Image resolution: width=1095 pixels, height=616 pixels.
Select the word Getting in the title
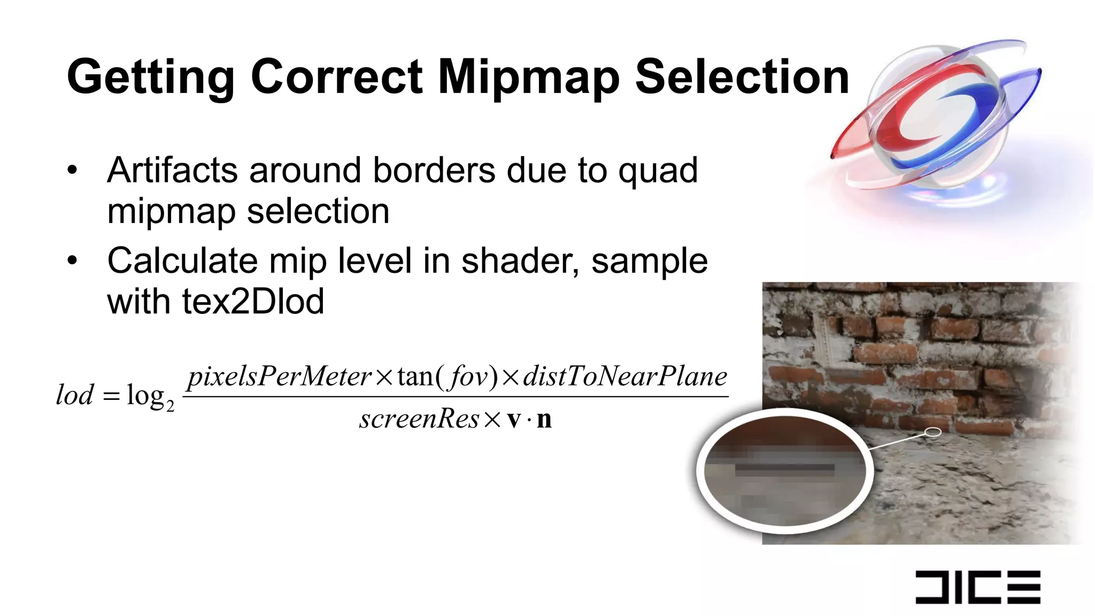coord(150,78)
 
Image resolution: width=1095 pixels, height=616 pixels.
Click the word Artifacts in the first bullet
coord(172,171)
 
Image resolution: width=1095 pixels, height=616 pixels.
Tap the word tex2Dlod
coord(253,302)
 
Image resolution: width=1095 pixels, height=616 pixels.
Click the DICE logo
coord(977,587)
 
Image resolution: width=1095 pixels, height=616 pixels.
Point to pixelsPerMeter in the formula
coord(279,376)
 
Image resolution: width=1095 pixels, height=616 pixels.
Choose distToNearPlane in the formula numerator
coord(624,376)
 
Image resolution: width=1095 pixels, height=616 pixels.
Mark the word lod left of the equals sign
coord(75,395)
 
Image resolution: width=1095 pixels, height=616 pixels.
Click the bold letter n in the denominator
coord(544,419)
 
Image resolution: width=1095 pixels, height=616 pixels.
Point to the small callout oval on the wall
coord(932,432)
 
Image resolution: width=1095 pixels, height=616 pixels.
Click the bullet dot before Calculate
coord(73,261)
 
